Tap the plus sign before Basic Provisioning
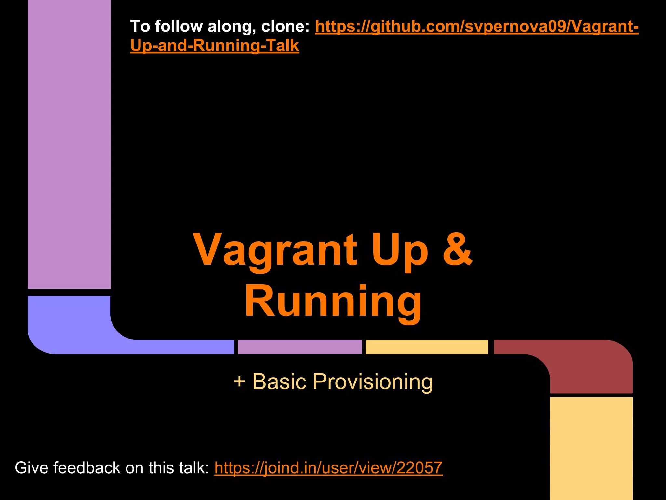[x=239, y=381]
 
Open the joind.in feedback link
[x=328, y=468]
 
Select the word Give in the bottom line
[x=31, y=468]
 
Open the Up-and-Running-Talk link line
[x=214, y=46]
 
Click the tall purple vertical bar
[x=69, y=143]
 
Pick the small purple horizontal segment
[x=300, y=347]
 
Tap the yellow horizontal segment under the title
[x=427, y=347]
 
